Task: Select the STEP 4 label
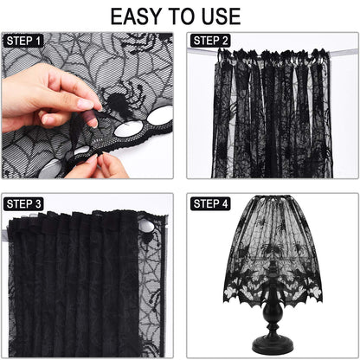(x=211, y=204)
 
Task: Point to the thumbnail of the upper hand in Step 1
(x=84, y=104)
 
